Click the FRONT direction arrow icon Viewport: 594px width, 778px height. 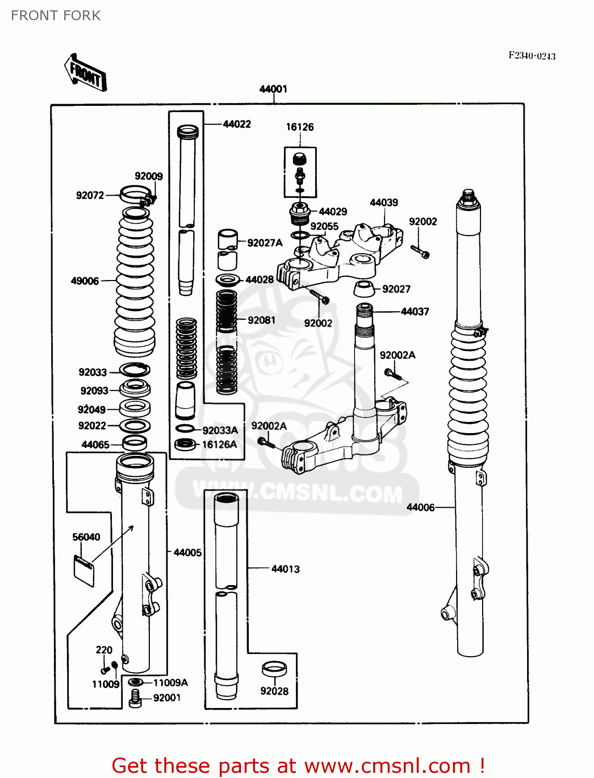pos(86,73)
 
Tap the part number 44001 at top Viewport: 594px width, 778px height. pos(273,89)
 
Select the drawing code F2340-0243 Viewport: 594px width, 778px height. pos(532,56)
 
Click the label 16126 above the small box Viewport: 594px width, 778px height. pos(300,127)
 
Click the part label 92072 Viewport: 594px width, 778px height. pos(90,196)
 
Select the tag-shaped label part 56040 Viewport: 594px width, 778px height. pos(84,570)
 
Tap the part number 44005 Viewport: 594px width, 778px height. pos(187,552)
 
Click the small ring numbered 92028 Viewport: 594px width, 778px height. pos(274,669)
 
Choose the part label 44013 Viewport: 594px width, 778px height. pos(286,569)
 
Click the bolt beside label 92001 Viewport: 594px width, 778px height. pos(135,698)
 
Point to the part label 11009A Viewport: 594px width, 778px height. pos(171,683)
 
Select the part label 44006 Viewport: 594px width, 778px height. pos(420,507)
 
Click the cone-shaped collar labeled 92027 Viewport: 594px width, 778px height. pos(364,289)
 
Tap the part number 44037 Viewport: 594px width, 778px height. pos(415,312)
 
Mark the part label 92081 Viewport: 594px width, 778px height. pos(261,320)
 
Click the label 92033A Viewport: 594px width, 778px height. pos(220,430)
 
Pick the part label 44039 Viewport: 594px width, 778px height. pos(384,202)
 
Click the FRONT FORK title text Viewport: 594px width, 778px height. pos(55,16)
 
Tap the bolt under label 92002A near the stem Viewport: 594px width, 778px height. pos(390,373)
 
